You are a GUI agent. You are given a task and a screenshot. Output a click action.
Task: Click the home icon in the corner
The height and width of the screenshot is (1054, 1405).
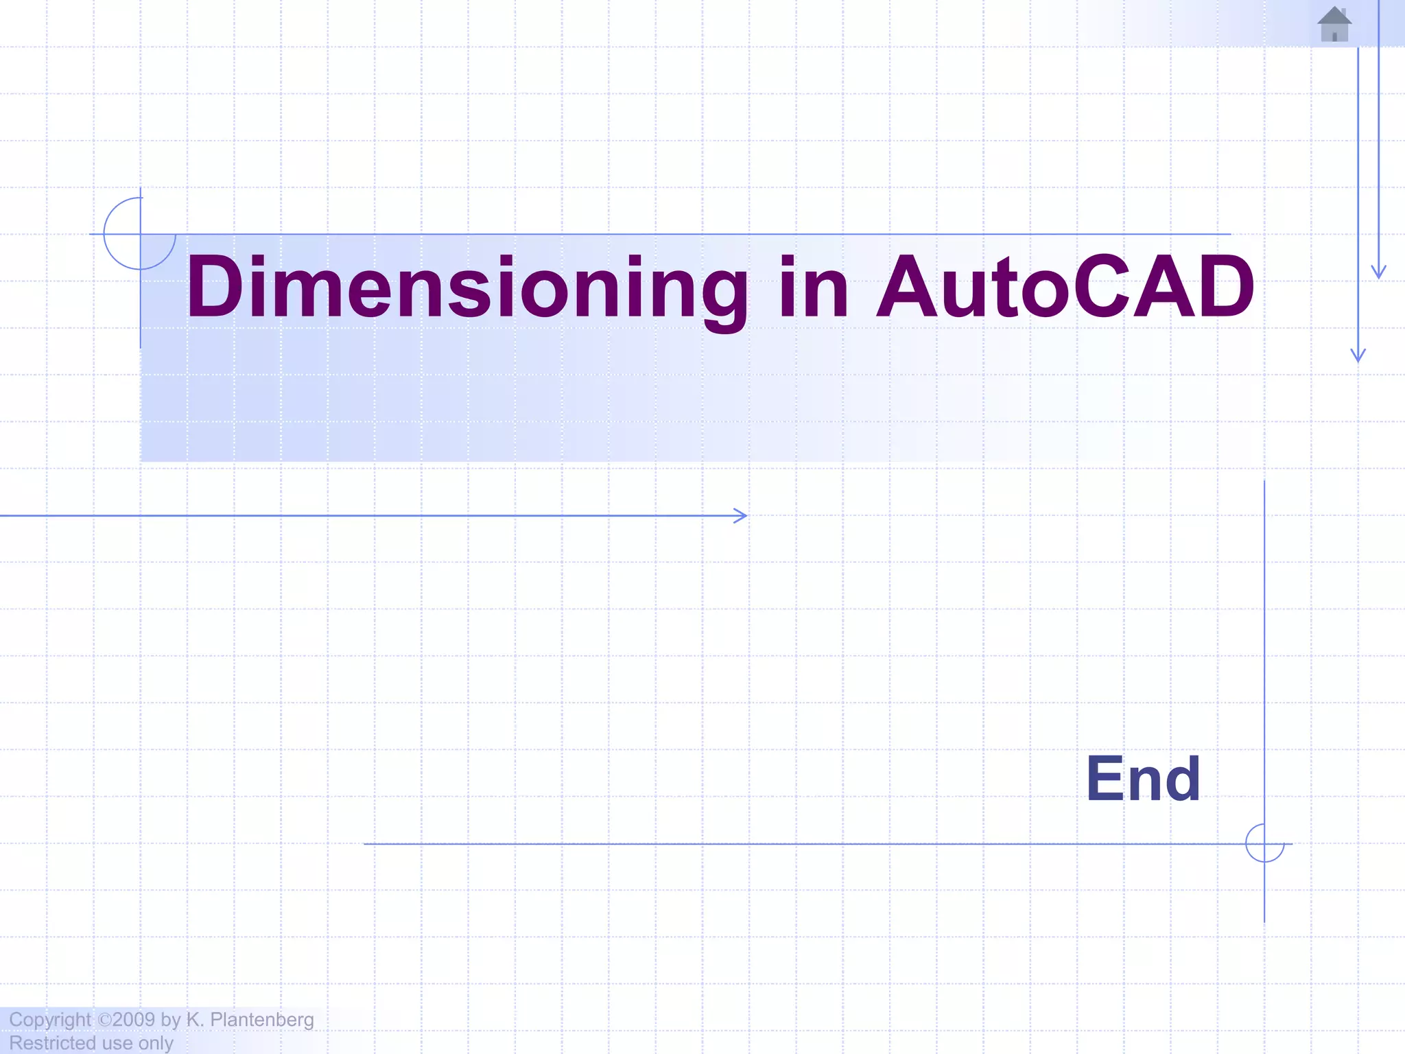tap(1334, 24)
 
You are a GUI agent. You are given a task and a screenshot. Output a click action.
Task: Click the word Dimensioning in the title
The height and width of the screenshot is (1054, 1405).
tap(467, 287)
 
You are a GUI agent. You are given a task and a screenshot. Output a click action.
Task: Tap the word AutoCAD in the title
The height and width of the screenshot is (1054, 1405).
tap(1065, 287)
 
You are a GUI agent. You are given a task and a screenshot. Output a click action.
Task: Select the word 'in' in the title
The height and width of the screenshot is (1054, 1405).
tap(814, 287)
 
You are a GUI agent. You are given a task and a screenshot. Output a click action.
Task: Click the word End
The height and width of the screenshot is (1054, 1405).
tap(1143, 779)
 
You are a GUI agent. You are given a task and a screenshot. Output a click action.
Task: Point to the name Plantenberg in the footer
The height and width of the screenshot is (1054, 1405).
tap(261, 1020)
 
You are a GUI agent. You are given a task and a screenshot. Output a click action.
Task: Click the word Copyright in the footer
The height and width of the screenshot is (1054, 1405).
tap(50, 1020)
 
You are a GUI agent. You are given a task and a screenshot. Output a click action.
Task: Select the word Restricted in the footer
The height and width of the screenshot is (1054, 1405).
tap(51, 1043)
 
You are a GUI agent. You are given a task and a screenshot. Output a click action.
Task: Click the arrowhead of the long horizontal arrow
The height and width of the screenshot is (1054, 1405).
tap(742, 515)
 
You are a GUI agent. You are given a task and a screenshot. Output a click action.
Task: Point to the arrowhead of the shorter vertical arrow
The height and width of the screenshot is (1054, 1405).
tap(1379, 272)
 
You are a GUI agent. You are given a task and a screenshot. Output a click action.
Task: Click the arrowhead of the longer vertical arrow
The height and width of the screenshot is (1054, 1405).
tap(1358, 355)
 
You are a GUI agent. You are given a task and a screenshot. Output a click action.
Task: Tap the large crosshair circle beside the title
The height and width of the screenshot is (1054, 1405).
tap(140, 234)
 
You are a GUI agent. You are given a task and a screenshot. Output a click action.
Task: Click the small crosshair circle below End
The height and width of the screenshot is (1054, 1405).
tap(1264, 843)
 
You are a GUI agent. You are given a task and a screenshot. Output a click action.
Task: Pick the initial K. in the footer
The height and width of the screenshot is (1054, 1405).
tap(195, 1020)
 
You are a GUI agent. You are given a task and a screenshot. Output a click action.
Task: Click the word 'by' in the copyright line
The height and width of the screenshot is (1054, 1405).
tap(171, 1020)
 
